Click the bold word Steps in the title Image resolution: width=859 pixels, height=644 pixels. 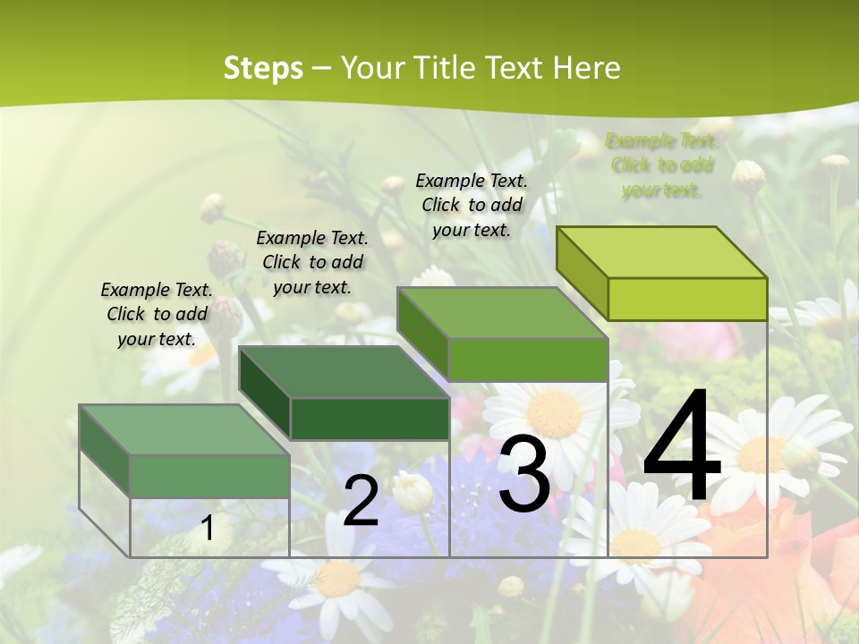point(263,68)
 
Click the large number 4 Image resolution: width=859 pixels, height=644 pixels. point(682,448)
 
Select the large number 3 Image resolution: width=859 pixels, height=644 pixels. point(523,473)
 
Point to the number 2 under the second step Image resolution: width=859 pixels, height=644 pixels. point(361,501)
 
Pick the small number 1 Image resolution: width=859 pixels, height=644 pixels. point(208,529)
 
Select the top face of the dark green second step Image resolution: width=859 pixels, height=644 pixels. point(344,371)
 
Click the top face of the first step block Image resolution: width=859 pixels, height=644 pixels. point(184,429)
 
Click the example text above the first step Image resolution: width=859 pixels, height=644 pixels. point(157,314)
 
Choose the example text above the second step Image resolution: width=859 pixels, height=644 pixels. point(312,262)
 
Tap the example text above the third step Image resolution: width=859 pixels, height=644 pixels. point(472,205)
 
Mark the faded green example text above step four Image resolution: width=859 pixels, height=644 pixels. point(661,165)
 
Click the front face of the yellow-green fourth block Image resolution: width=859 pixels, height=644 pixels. point(687,299)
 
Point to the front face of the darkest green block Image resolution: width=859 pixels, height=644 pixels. point(370,419)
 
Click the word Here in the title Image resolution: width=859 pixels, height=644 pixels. point(587,68)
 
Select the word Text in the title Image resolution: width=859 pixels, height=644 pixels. point(515,68)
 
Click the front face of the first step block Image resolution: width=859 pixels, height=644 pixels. point(209,476)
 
